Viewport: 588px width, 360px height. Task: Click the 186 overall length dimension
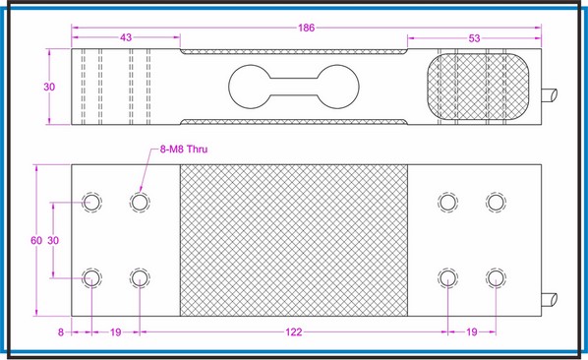[307, 29]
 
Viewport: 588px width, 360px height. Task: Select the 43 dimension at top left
[126, 37]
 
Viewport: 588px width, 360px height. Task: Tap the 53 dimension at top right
[475, 37]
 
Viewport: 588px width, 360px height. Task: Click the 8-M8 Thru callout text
[184, 150]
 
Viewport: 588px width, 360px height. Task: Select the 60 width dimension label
[36, 241]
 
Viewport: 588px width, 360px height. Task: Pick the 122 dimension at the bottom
[294, 333]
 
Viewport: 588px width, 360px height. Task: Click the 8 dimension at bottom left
[61, 333]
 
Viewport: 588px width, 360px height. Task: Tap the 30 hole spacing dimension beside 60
[54, 241]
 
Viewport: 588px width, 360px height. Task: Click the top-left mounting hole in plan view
[91, 203]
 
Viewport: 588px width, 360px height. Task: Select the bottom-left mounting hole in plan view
[91, 276]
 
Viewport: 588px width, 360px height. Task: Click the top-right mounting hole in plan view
[497, 203]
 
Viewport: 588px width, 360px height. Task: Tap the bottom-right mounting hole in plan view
[497, 276]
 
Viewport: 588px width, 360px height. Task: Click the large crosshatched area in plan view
[293, 241]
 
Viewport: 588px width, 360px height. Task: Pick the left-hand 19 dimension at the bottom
[115, 333]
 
